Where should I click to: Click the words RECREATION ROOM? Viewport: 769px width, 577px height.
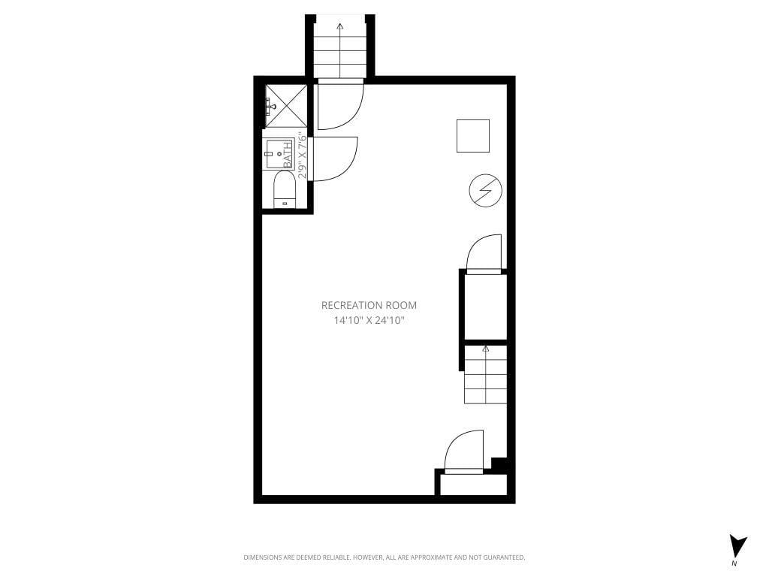click(x=369, y=305)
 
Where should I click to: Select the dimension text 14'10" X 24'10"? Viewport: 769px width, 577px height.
click(x=369, y=320)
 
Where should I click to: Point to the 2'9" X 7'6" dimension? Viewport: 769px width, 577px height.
click(x=302, y=156)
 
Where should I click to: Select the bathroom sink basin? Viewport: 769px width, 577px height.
click(x=277, y=155)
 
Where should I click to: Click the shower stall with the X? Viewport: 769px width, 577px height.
click(x=286, y=106)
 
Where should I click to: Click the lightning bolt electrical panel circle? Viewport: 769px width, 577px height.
click(x=484, y=192)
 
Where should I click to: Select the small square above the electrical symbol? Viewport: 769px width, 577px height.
click(x=473, y=135)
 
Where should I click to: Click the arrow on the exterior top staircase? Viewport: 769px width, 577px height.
click(x=340, y=28)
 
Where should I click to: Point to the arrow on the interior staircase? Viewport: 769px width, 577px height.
click(x=485, y=349)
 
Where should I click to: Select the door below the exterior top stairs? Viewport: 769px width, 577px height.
click(x=342, y=105)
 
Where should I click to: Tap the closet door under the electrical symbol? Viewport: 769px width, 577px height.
click(x=484, y=254)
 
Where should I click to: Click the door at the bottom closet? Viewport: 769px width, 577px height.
click(x=464, y=451)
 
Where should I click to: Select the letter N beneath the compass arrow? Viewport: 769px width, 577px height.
click(x=734, y=563)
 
